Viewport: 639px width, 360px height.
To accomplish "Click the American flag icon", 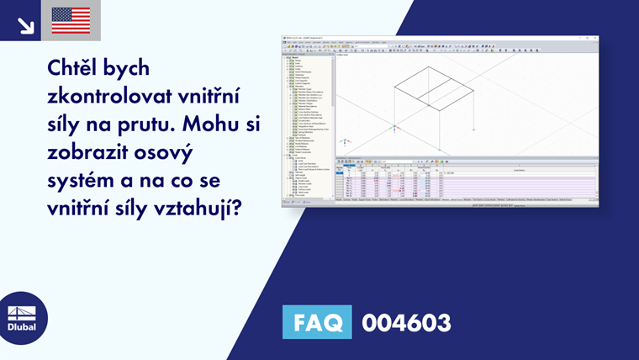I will (x=71, y=20).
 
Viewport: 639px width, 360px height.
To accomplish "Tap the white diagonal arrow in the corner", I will (x=25, y=24).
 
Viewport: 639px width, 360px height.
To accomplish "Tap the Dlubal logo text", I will (x=22, y=326).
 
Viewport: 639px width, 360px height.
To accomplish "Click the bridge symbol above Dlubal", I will (x=22, y=311).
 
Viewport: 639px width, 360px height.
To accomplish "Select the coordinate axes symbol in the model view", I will (x=393, y=130).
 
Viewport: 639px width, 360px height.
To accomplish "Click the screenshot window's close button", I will (x=595, y=37).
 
